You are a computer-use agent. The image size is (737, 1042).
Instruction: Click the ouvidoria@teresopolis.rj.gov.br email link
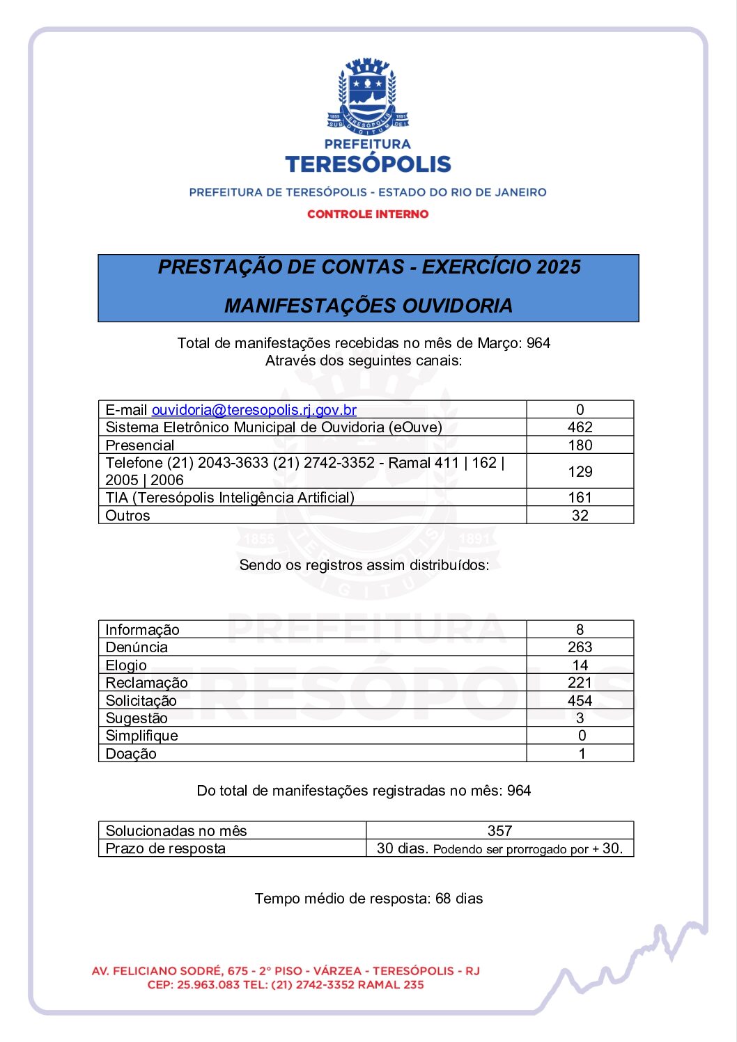[254, 410]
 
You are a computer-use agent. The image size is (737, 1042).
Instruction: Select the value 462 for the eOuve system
[580, 427]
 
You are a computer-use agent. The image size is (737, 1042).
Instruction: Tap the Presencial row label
[140, 445]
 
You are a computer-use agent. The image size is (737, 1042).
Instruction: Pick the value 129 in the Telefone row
[580, 472]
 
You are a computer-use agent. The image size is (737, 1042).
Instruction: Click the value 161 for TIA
[580, 498]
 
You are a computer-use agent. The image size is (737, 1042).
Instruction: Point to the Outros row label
[127, 516]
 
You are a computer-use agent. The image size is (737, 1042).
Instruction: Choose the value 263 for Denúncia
[580, 647]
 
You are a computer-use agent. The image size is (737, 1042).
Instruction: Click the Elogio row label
[126, 665]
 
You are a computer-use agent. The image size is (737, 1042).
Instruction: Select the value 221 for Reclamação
[580, 683]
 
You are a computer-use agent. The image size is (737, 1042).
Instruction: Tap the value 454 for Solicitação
[580, 701]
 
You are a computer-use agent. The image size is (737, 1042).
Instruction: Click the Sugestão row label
[137, 718]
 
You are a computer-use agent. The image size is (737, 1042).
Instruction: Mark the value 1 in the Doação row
[582, 754]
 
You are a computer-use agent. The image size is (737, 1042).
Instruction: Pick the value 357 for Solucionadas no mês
[499, 830]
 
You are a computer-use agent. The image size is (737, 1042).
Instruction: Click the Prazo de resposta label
[166, 848]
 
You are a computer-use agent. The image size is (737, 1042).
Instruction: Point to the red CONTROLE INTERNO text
[368, 214]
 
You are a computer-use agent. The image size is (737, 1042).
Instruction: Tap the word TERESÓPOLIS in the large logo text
[368, 164]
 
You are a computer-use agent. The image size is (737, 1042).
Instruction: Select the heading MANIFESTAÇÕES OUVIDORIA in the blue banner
[368, 306]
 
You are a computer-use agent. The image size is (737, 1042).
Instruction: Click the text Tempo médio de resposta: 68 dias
[368, 899]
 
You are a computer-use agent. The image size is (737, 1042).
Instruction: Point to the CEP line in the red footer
[286, 985]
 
